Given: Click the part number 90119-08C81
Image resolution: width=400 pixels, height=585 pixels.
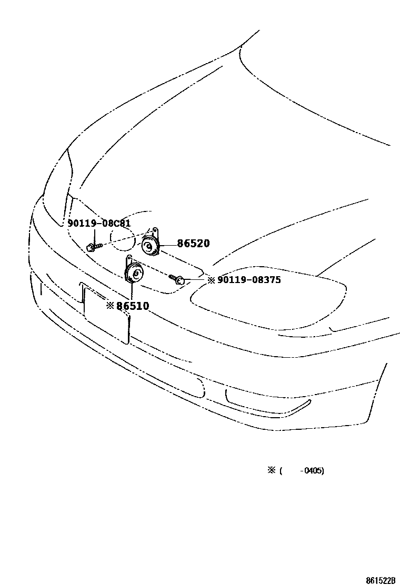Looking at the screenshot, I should point(99,224).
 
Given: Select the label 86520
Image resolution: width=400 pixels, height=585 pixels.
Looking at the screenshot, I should point(193,244).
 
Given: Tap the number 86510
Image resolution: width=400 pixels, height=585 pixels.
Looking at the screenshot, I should point(133,306).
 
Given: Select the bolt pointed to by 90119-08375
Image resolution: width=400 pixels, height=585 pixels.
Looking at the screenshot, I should point(177,279).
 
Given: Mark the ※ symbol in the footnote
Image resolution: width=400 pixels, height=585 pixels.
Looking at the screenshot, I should point(272,470).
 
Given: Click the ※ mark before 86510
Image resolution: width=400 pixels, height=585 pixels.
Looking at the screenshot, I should point(110,306).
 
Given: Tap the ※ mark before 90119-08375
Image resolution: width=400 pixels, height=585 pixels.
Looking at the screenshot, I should point(211,280).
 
